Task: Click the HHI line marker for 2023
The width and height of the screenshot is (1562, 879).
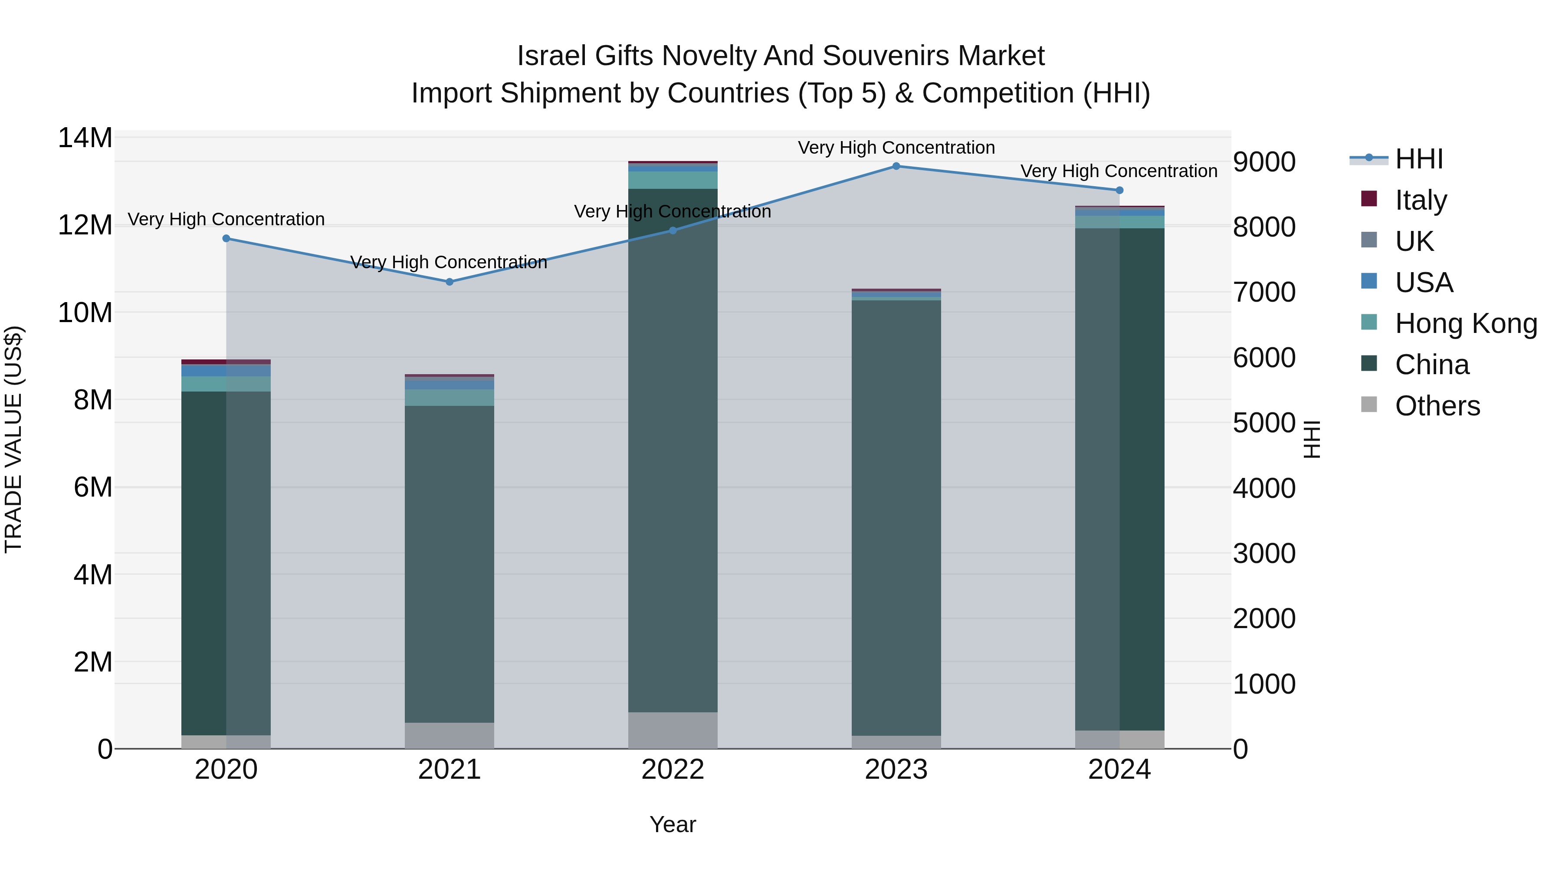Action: [x=896, y=166]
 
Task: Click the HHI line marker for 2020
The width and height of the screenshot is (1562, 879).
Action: [x=226, y=238]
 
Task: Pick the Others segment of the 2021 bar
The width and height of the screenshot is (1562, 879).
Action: [x=450, y=735]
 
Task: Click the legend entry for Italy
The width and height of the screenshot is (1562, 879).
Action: [x=1421, y=200]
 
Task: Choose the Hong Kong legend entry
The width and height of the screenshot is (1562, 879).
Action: [x=1466, y=323]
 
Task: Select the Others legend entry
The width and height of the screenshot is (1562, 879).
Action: [x=1437, y=406]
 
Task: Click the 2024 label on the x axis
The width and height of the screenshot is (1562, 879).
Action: [x=1119, y=770]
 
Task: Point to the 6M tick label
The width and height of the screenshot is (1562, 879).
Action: [x=93, y=487]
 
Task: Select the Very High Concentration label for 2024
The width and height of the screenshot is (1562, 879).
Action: [x=1119, y=171]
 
